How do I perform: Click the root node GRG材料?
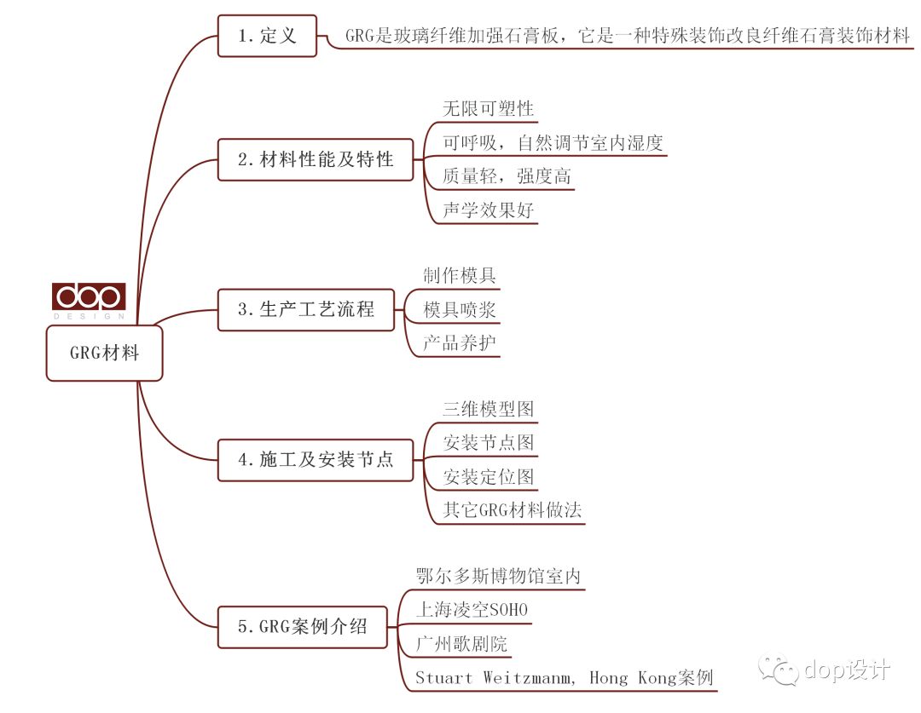tap(105, 354)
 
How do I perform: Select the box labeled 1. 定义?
tap(267, 36)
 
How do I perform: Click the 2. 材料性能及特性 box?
tap(316, 159)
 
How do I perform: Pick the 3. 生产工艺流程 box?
tap(306, 309)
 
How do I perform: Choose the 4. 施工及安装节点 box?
tap(316, 459)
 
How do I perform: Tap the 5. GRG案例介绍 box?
tap(303, 627)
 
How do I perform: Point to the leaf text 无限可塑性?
tap(488, 108)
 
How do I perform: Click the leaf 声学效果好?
tap(488, 210)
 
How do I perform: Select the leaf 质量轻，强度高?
tap(507, 176)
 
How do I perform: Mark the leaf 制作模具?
tap(460, 275)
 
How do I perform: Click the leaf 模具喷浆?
tap(460, 309)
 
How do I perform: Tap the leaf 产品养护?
tap(460, 342)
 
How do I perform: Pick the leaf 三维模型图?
tap(488, 409)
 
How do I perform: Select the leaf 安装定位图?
tap(488, 476)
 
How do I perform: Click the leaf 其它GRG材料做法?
tap(513, 510)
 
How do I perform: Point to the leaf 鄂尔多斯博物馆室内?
tap(498, 576)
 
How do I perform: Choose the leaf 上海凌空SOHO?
tap(472, 610)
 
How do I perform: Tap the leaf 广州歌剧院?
tap(461, 644)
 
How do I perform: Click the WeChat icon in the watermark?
tap(779, 670)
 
